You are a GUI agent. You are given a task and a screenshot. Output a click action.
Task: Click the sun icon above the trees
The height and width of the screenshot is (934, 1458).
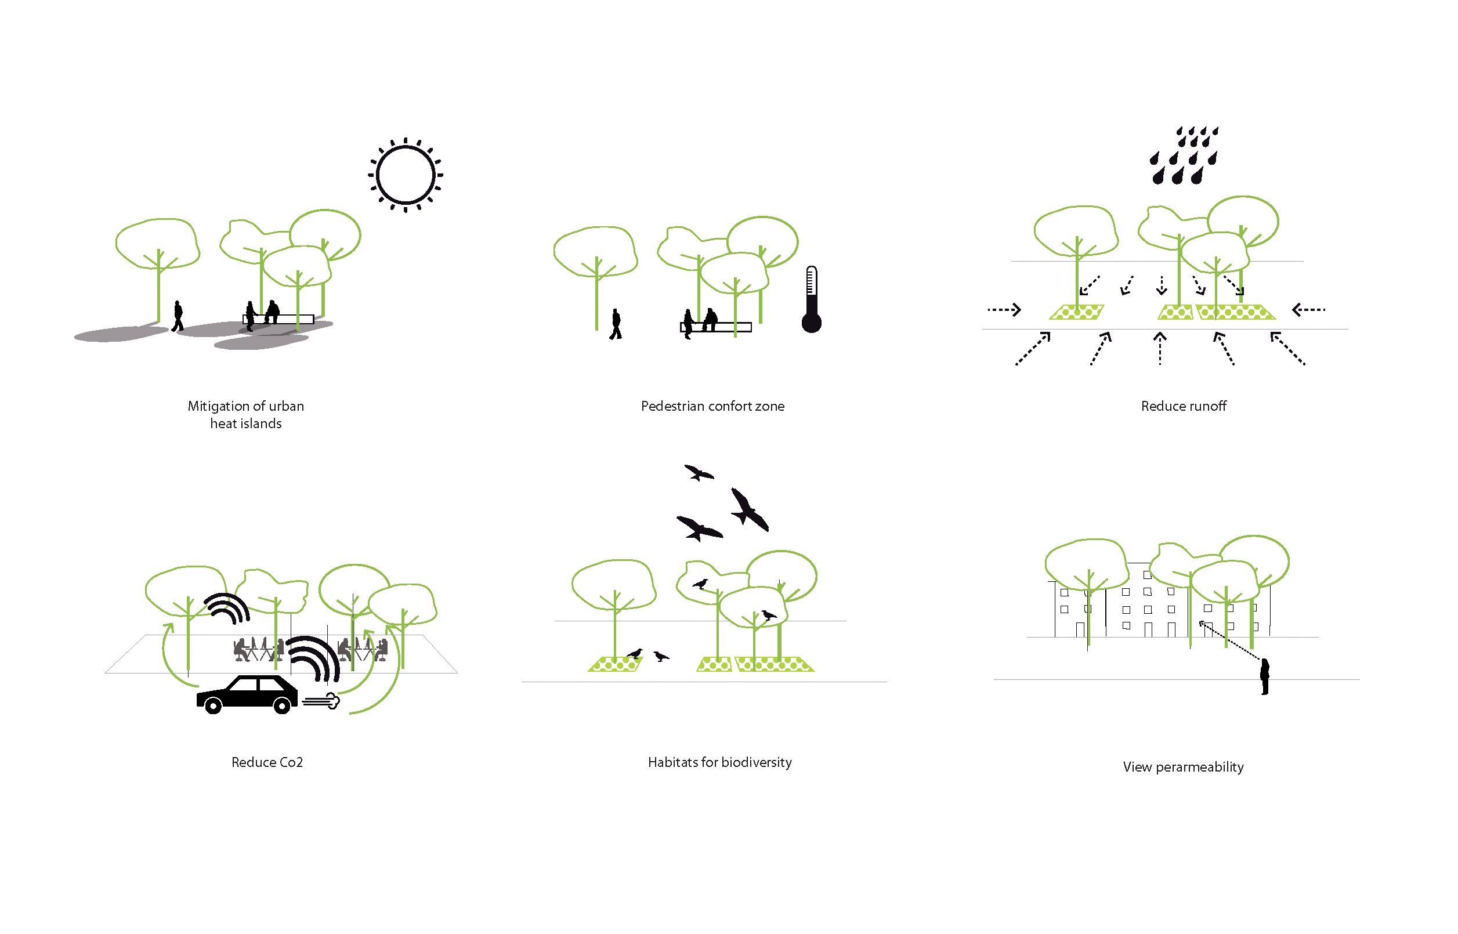pyautogui.click(x=405, y=175)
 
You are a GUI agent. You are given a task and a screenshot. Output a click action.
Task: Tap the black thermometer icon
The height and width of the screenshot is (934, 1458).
pyautogui.click(x=812, y=299)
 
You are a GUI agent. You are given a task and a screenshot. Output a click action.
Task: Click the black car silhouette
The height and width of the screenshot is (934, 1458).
pyautogui.click(x=247, y=694)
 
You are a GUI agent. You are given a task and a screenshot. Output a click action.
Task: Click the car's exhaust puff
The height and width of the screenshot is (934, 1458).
pyautogui.click(x=321, y=701)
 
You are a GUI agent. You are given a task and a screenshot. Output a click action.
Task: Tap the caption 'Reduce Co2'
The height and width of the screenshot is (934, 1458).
pyautogui.click(x=267, y=762)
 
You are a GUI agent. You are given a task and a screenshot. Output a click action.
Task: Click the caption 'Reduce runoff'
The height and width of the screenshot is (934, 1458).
pyautogui.click(x=1183, y=406)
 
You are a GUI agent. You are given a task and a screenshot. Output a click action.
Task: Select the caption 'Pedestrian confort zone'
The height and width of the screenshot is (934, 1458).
pyautogui.click(x=712, y=406)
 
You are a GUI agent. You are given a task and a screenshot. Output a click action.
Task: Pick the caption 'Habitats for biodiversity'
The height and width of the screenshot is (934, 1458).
pyautogui.click(x=720, y=762)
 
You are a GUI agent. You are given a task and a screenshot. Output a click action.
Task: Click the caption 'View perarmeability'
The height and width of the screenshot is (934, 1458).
pyautogui.click(x=1183, y=767)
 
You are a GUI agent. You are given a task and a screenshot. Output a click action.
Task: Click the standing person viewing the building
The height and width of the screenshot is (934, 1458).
pyautogui.click(x=1265, y=676)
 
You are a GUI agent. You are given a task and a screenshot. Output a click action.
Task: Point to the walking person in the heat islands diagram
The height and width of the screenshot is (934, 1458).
pyautogui.click(x=177, y=316)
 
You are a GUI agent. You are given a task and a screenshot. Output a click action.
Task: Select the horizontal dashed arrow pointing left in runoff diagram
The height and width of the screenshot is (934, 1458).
pyautogui.click(x=1309, y=310)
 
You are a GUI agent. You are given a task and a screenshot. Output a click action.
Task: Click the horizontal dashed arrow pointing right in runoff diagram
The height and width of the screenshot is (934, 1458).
pyautogui.click(x=1004, y=310)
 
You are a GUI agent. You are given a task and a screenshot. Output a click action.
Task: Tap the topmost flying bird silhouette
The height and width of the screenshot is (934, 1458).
pyautogui.click(x=699, y=472)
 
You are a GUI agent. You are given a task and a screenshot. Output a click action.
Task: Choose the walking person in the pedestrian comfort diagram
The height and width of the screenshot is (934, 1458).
pyautogui.click(x=616, y=324)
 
